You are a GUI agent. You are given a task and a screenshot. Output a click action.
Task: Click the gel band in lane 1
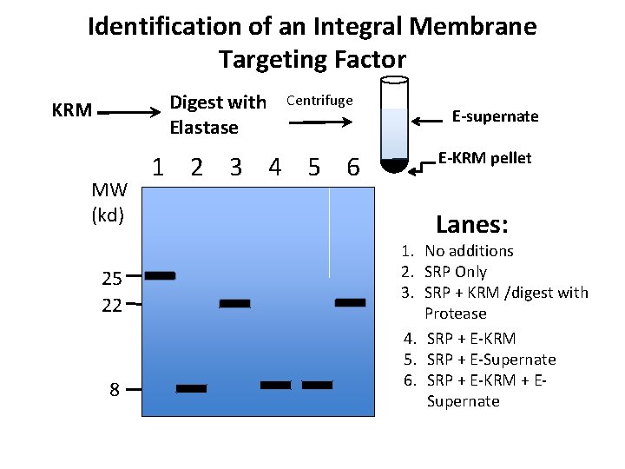coord(160,275)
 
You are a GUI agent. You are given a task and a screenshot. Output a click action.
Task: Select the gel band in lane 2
coord(192,388)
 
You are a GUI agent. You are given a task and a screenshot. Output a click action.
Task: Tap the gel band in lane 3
coord(234,304)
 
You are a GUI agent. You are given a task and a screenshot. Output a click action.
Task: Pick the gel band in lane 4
coord(276,385)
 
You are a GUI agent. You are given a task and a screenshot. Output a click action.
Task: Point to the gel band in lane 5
coord(317,385)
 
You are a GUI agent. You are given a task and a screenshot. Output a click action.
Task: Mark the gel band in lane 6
coord(351,302)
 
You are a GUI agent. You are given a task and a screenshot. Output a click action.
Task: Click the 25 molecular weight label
coord(111,279)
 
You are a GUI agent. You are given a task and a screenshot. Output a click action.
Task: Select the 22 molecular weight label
coord(111,305)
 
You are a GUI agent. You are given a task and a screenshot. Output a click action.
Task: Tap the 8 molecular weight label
coord(115,390)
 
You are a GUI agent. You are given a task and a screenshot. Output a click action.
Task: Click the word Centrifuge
coord(319,100)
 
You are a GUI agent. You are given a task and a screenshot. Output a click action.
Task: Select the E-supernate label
coord(496,116)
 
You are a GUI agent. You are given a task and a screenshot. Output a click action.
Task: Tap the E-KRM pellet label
coord(484,159)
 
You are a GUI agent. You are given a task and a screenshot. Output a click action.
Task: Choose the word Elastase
coord(204,128)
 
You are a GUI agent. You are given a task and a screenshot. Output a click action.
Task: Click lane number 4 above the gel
coord(274,166)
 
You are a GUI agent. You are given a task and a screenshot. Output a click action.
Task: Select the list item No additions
coord(469,251)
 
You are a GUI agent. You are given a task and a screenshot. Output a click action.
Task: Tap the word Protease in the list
coord(456,313)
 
